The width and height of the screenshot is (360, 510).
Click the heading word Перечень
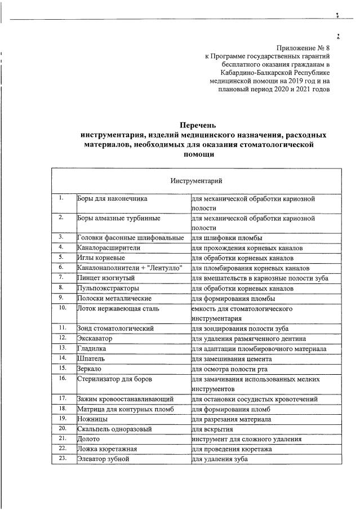pos(197,125)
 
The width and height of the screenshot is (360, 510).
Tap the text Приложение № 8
pos(303,48)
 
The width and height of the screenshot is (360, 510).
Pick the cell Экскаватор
pos(95,339)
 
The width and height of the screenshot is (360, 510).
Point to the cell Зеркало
pos(90,368)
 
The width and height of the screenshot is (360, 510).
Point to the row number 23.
pos(63,459)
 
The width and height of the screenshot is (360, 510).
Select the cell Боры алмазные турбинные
pos(119,218)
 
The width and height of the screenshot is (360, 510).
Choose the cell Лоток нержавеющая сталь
pos(118,309)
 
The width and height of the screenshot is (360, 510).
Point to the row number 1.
pos(61,198)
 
